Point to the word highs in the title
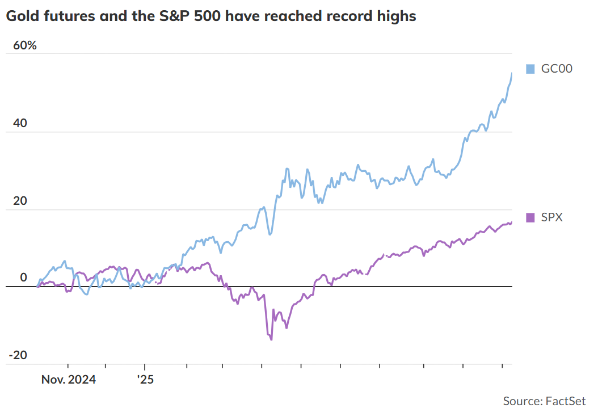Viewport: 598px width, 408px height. pyautogui.click(x=397, y=16)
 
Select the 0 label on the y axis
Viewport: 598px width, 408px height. pyautogui.click(x=23, y=277)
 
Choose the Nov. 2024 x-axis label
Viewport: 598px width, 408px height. pyautogui.click(x=68, y=378)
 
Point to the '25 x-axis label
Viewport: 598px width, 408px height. pyautogui.click(x=145, y=378)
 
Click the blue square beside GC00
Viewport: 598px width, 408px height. pyautogui.click(x=530, y=69)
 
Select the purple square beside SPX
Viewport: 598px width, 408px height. pyautogui.click(x=530, y=217)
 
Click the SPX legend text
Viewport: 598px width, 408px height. pyautogui.click(x=552, y=217)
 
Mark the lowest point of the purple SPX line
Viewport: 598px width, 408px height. pyautogui.click(x=271, y=339)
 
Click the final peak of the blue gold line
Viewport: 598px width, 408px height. pyautogui.click(x=512, y=73)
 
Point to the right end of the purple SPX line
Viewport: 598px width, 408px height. pyautogui.click(x=512, y=222)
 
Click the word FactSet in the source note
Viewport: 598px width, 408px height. pyautogui.click(x=565, y=401)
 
